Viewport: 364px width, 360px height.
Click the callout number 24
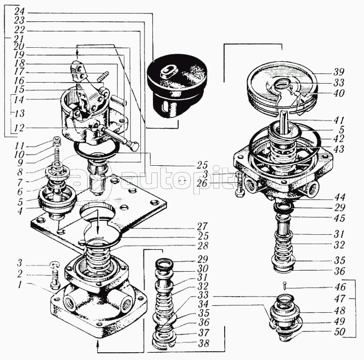click(19, 11)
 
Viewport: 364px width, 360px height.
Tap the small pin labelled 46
click(286, 285)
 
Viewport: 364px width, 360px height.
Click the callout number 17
click(19, 72)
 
